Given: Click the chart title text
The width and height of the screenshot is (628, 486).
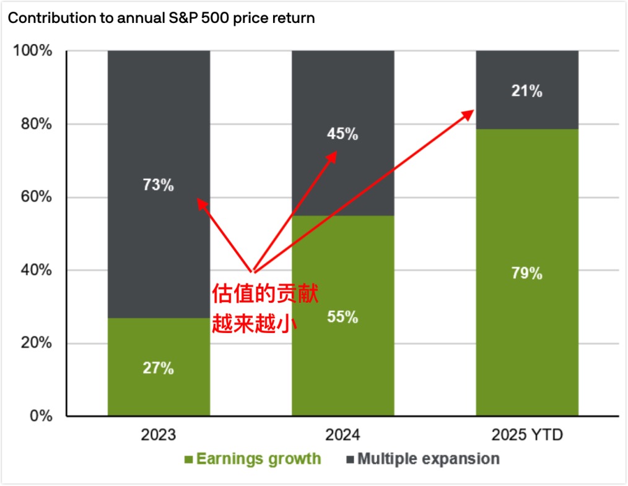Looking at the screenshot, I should pos(161,18).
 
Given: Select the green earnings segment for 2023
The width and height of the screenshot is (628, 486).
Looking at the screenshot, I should pos(159,390).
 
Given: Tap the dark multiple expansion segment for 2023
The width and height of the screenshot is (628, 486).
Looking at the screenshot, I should pos(159,124).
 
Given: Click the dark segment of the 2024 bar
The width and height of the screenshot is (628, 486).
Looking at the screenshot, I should pos(342,93).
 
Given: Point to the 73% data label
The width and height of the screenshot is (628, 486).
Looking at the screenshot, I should pos(159,184).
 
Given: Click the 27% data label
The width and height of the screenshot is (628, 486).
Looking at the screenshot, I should pos(159,368).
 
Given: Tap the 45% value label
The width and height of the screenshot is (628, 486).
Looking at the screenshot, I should pos(342,134).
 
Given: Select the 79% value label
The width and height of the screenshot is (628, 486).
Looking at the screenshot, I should pos(527,273).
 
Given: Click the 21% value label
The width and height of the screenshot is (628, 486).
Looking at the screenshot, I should pos(527,92).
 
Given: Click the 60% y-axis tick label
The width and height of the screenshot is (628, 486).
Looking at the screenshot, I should pos(36,197).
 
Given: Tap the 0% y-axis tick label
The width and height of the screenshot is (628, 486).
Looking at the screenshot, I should pos(41,416).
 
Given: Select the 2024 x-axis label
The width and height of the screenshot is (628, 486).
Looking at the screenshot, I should pos(342,435).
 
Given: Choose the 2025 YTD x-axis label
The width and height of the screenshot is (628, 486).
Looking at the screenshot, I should pos(527,435).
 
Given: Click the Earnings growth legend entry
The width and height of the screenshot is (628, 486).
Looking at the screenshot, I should pos(253,459).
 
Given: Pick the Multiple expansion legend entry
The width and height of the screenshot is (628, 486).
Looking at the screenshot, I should pos(422,459).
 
